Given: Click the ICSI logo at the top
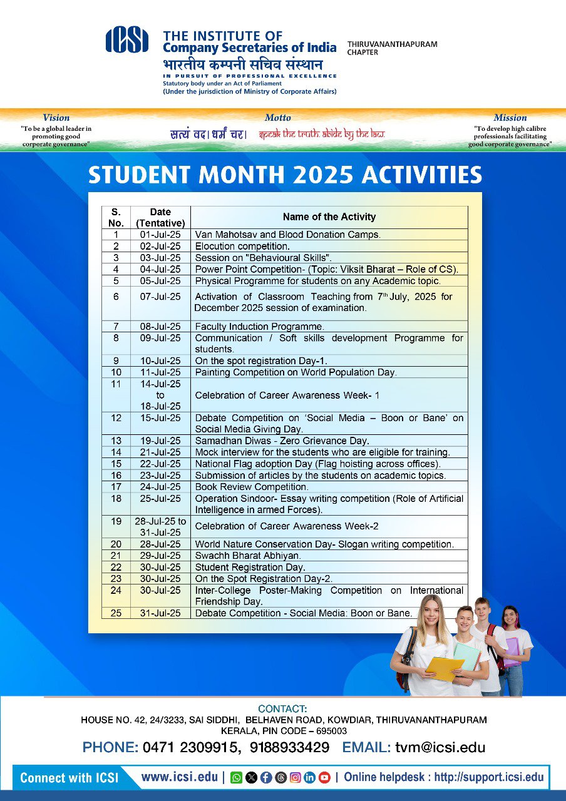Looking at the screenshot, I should click(x=127, y=41).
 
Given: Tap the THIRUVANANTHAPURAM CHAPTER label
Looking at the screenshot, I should click(x=392, y=48).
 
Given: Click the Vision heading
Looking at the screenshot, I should click(x=56, y=118).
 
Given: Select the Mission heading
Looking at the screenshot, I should click(x=510, y=118).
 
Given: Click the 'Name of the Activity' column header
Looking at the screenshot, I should click(x=329, y=217).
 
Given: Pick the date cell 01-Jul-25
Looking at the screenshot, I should click(x=160, y=235).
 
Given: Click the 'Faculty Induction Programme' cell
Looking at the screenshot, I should click(x=259, y=327).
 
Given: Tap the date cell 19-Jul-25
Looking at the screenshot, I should click(x=160, y=441).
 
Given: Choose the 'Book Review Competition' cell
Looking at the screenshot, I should click(x=252, y=487).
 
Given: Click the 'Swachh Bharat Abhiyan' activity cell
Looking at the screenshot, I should click(x=248, y=556).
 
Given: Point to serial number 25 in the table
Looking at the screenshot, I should click(x=116, y=613).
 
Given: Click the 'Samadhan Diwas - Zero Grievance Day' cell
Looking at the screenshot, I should click(x=282, y=441).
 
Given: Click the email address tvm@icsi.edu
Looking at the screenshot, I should click(x=440, y=747).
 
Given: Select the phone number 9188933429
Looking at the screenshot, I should click(x=289, y=747).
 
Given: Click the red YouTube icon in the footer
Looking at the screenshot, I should click(x=324, y=778).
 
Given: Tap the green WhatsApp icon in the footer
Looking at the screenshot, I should click(x=237, y=778).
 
